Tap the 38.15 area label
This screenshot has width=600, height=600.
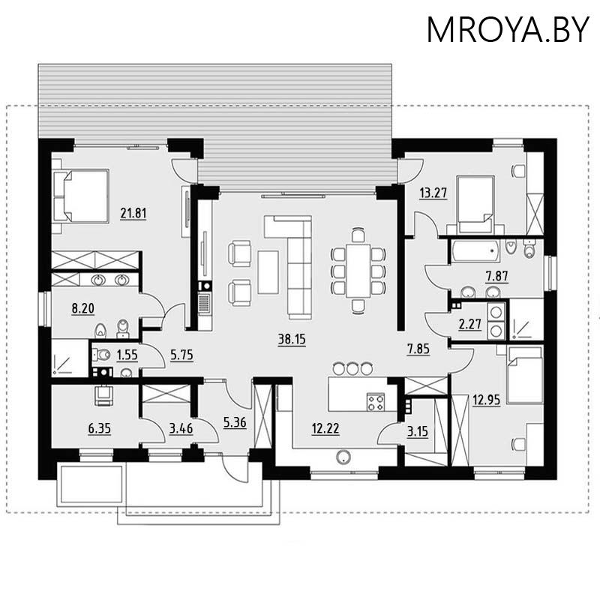point(292,339)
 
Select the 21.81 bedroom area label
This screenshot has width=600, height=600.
point(133,213)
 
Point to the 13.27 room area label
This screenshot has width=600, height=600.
point(433,193)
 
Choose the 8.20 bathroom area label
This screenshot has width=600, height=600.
point(82,307)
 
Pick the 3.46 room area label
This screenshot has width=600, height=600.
point(181,428)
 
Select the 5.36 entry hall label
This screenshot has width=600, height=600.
point(235,422)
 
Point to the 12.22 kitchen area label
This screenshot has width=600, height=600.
point(325,428)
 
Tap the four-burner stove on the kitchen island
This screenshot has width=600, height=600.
point(375,401)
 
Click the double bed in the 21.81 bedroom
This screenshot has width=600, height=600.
point(82,196)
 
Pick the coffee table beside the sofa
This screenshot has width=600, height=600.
point(268,271)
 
